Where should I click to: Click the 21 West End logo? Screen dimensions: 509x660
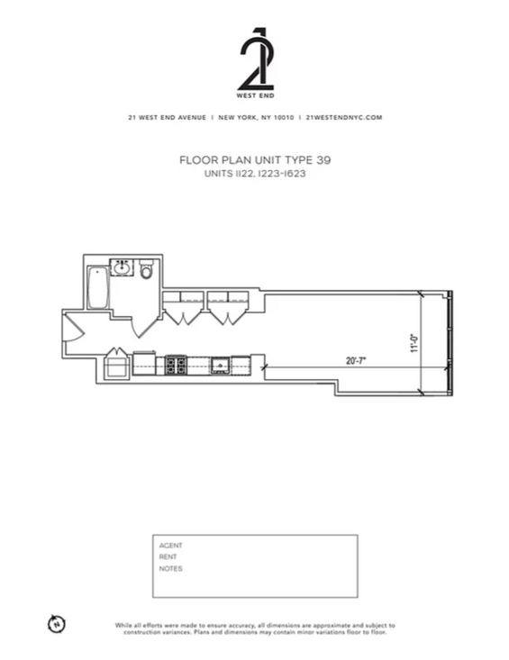pos(255,63)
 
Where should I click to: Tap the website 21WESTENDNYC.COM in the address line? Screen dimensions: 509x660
pos(344,117)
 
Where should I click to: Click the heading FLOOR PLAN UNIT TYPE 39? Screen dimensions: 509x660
pos(255,160)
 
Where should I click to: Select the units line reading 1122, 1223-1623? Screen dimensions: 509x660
pos(255,174)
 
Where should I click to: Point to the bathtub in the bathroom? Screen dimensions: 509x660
pos(98,287)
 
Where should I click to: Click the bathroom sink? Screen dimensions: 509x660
pos(123,267)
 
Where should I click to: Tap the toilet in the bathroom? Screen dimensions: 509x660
pos(147,269)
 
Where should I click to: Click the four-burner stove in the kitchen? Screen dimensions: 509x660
pos(176,365)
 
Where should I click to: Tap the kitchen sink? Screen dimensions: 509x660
pos(220,366)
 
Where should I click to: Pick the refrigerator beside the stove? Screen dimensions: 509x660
pos(144,363)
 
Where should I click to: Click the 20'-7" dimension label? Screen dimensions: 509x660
pos(356,361)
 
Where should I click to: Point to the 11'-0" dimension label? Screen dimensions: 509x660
pos(414,343)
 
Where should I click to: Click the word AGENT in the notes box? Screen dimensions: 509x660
pos(170,546)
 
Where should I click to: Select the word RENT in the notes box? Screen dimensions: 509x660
pos(168,556)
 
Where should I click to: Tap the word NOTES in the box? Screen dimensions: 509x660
pos(170,569)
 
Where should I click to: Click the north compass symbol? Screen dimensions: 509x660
pos(57,623)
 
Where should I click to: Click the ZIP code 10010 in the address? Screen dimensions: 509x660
pos(284,117)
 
